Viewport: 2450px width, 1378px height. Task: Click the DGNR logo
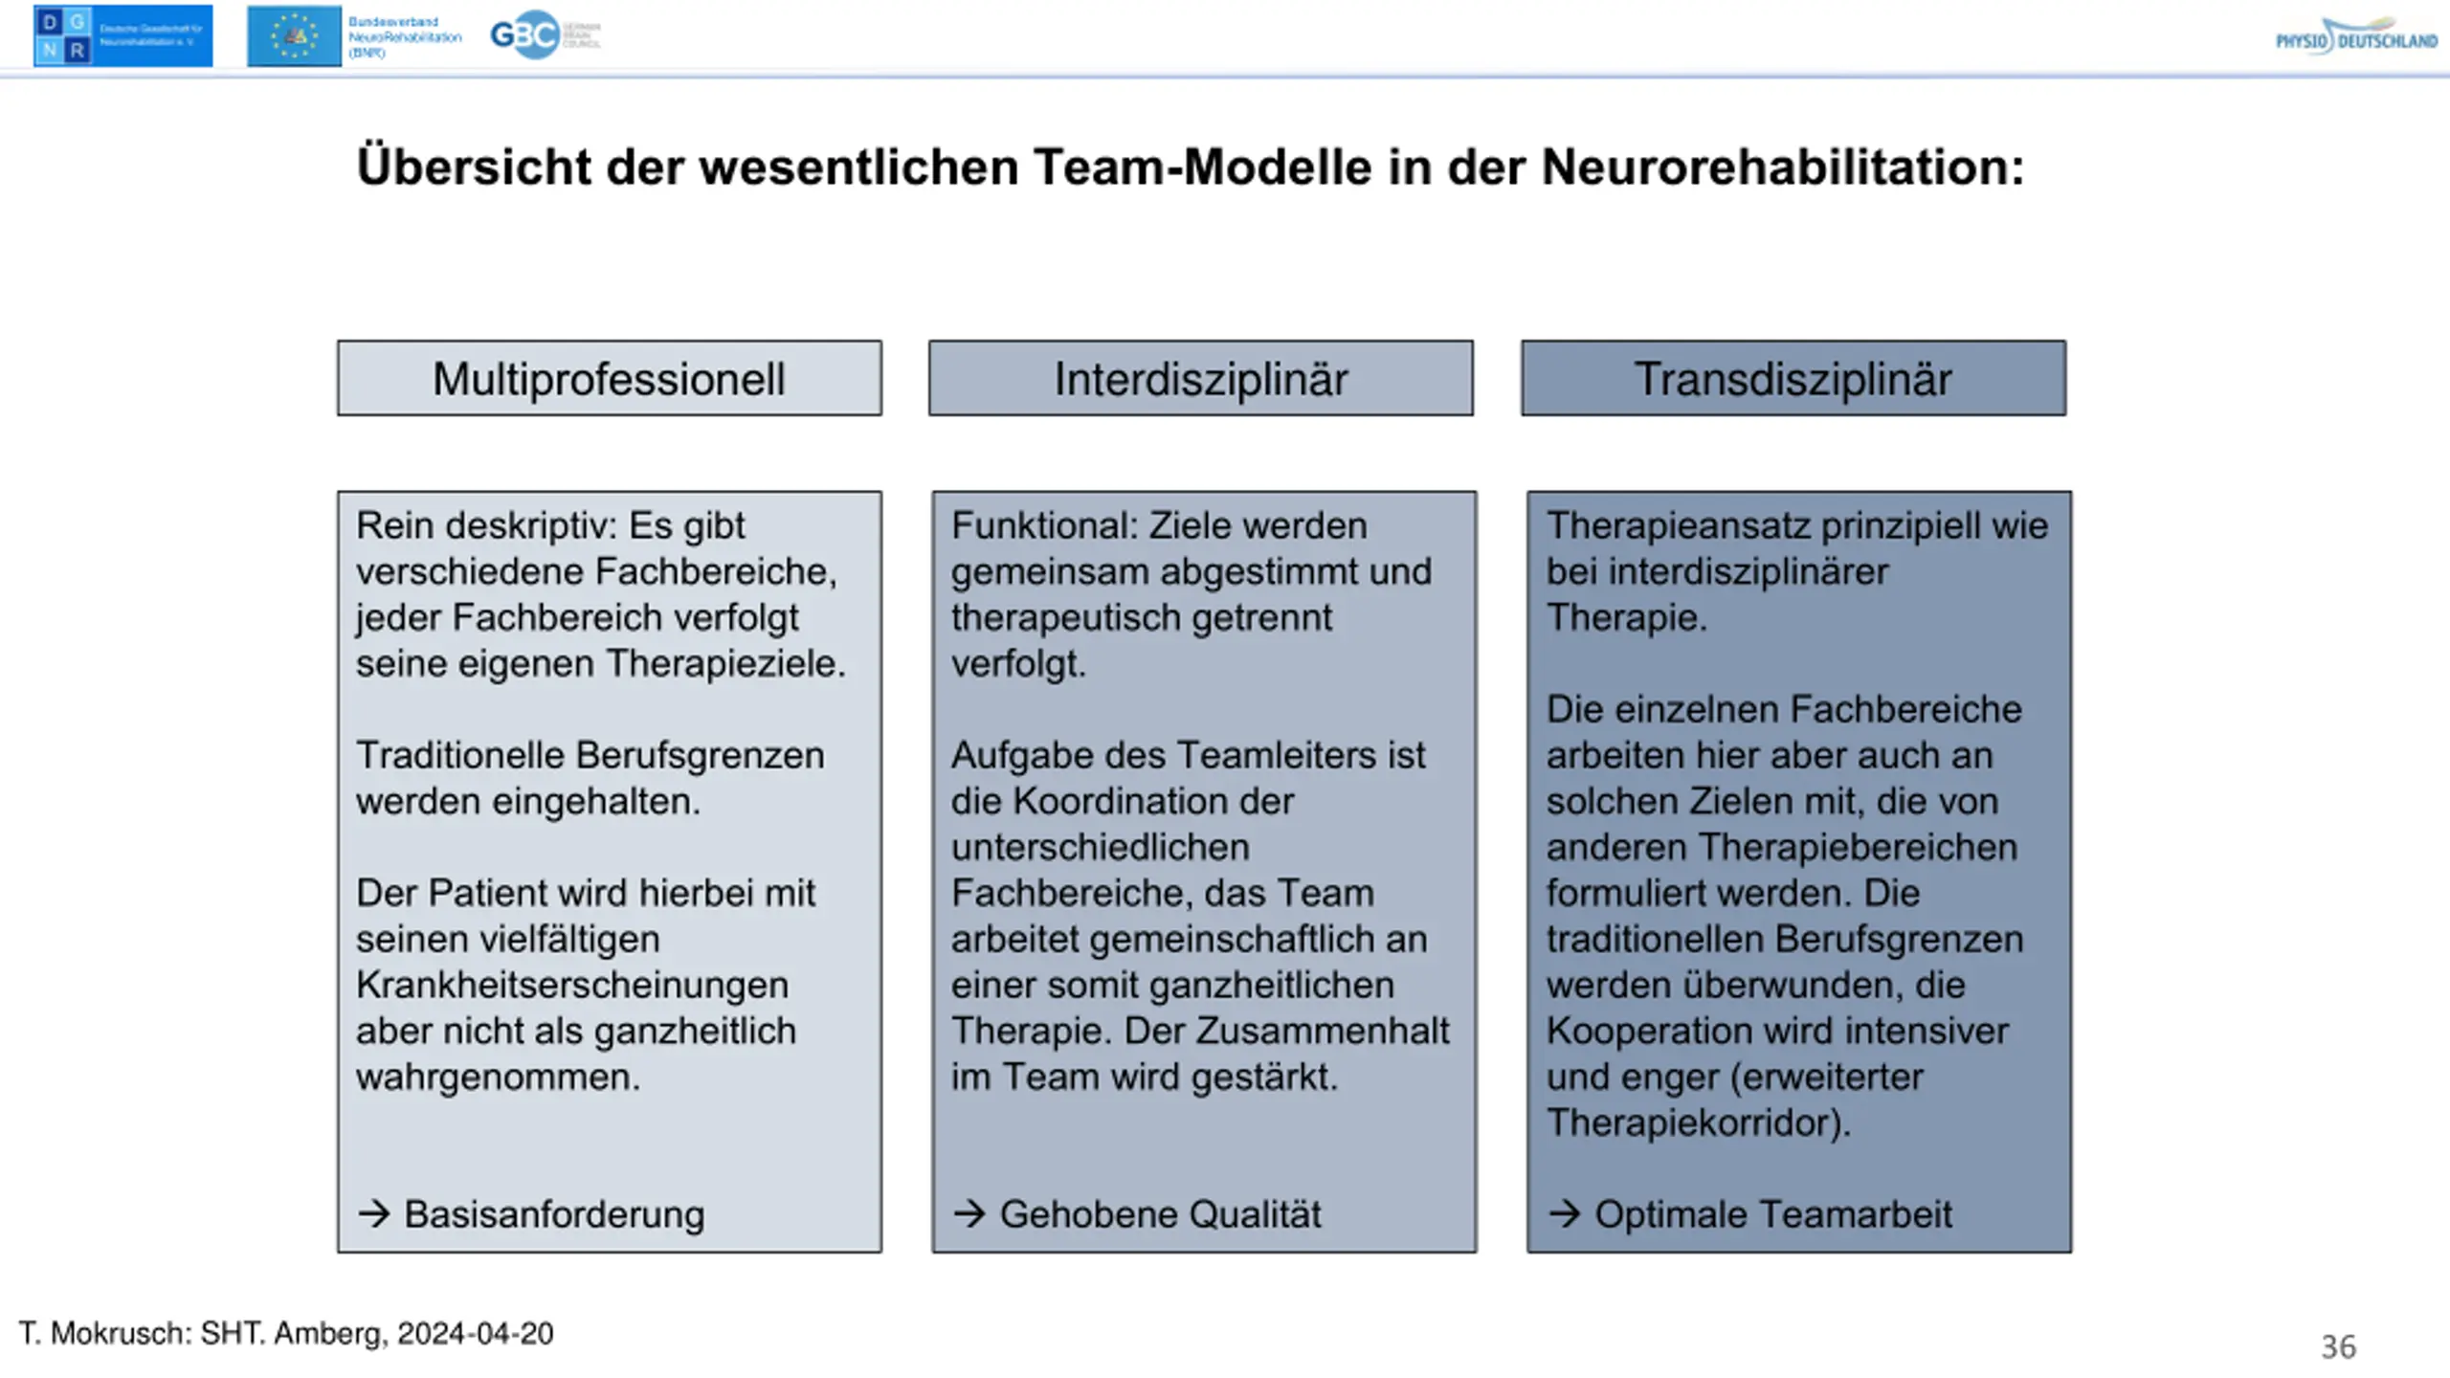click(122, 36)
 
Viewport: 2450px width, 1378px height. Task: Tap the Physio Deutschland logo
click(2355, 37)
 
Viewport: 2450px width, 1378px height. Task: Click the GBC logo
click(544, 35)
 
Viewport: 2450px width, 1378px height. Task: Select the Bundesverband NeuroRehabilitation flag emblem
click(294, 36)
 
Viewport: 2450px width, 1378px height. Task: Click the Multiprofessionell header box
click(609, 378)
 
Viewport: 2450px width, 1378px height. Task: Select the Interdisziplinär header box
click(1200, 378)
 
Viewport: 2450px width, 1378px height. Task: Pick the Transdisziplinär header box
click(1793, 378)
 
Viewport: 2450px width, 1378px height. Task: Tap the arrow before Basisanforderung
click(374, 1213)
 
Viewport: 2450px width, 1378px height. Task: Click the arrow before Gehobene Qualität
click(969, 1213)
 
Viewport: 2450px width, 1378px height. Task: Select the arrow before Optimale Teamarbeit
click(1565, 1213)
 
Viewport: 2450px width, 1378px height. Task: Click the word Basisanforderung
click(554, 1214)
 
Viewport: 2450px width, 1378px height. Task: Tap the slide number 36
click(2338, 1346)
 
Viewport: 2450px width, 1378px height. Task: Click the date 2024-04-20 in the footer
click(475, 1333)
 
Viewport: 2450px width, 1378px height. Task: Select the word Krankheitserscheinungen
click(572, 985)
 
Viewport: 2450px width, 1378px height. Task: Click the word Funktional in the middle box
click(1040, 525)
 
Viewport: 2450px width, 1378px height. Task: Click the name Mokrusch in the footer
click(120, 1333)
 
